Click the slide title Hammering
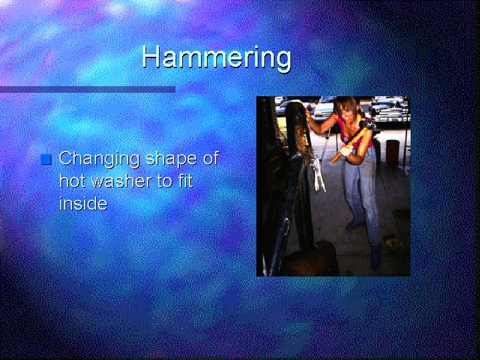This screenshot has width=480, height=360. [216, 58]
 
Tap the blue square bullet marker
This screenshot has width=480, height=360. [46, 160]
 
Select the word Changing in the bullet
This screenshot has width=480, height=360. [99, 160]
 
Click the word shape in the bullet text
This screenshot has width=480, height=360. [171, 160]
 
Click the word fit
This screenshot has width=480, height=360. [184, 181]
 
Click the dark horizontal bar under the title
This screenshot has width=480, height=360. [87, 89]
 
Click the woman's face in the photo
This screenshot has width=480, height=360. [347, 112]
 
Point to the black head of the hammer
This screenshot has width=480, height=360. [365, 125]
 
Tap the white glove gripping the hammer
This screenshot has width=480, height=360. [345, 151]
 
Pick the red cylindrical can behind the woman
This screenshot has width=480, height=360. [393, 152]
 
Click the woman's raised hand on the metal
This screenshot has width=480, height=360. [309, 115]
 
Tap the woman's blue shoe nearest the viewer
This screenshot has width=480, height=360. [377, 256]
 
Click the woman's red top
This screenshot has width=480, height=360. [355, 132]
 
